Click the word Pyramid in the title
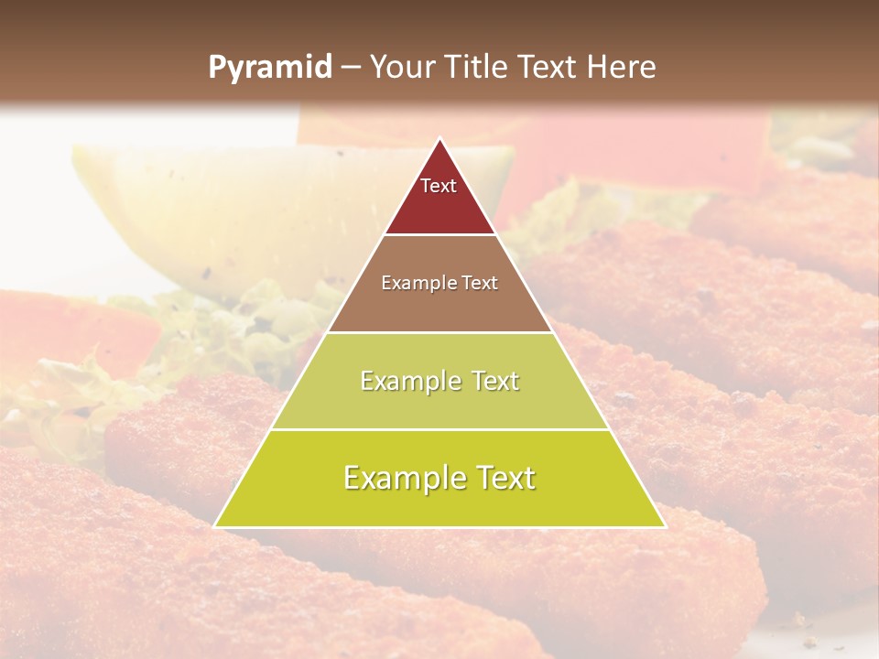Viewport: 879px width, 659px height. pos(269,68)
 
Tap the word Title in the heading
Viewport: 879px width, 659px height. pos(482,67)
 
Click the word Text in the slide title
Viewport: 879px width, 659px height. pos(548,67)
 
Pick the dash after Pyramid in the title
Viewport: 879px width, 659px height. pos(349,68)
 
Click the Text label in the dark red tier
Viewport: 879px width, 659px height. pos(439,186)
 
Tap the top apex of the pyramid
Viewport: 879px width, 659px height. pos(439,139)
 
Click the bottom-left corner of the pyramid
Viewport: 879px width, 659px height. pos(215,526)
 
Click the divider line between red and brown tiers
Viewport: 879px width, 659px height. pos(439,234)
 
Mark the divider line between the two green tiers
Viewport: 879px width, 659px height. pos(439,429)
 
